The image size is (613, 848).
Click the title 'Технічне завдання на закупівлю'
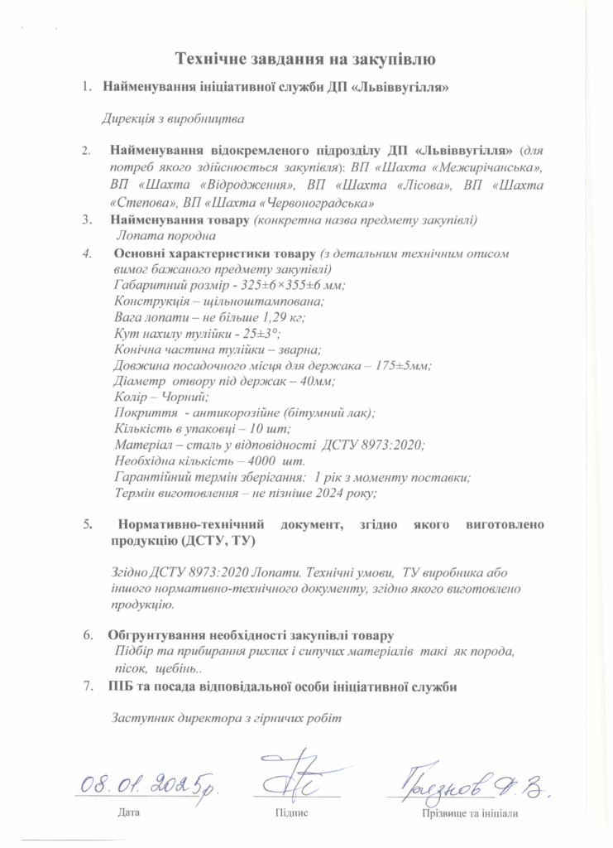(306, 58)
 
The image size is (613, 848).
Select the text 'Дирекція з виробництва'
(174, 119)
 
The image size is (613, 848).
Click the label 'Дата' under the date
(129, 813)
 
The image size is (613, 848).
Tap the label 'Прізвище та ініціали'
(470, 813)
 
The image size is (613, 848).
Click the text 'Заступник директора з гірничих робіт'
(226, 717)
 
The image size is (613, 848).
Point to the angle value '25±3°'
(261, 333)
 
